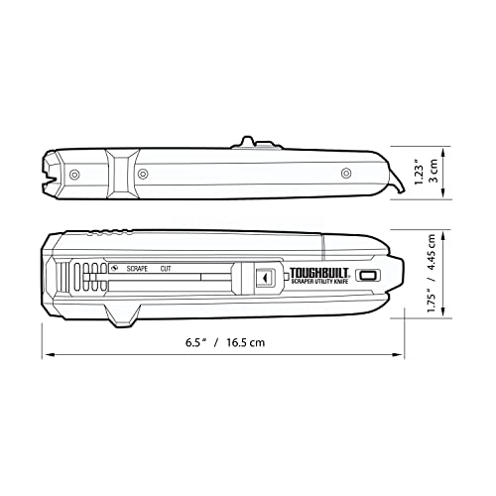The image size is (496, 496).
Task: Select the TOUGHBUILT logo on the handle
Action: (317, 271)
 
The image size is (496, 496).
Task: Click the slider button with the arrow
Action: (263, 280)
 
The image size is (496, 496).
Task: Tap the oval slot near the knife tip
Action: (367, 276)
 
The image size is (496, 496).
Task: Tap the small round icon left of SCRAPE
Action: (114, 268)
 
